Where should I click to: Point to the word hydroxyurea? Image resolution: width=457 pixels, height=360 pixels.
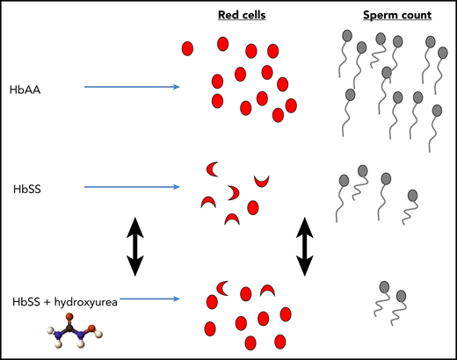point(88,301)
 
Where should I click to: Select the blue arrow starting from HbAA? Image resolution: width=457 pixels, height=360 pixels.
point(132,87)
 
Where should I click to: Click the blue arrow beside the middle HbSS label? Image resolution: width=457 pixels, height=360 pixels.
point(132,187)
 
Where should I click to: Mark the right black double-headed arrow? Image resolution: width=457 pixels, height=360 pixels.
point(305,245)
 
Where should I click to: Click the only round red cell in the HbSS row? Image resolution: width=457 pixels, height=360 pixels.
point(253,207)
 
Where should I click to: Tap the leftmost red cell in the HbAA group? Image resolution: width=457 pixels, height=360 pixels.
point(188,49)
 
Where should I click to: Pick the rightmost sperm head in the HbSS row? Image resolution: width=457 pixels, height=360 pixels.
point(410,197)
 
